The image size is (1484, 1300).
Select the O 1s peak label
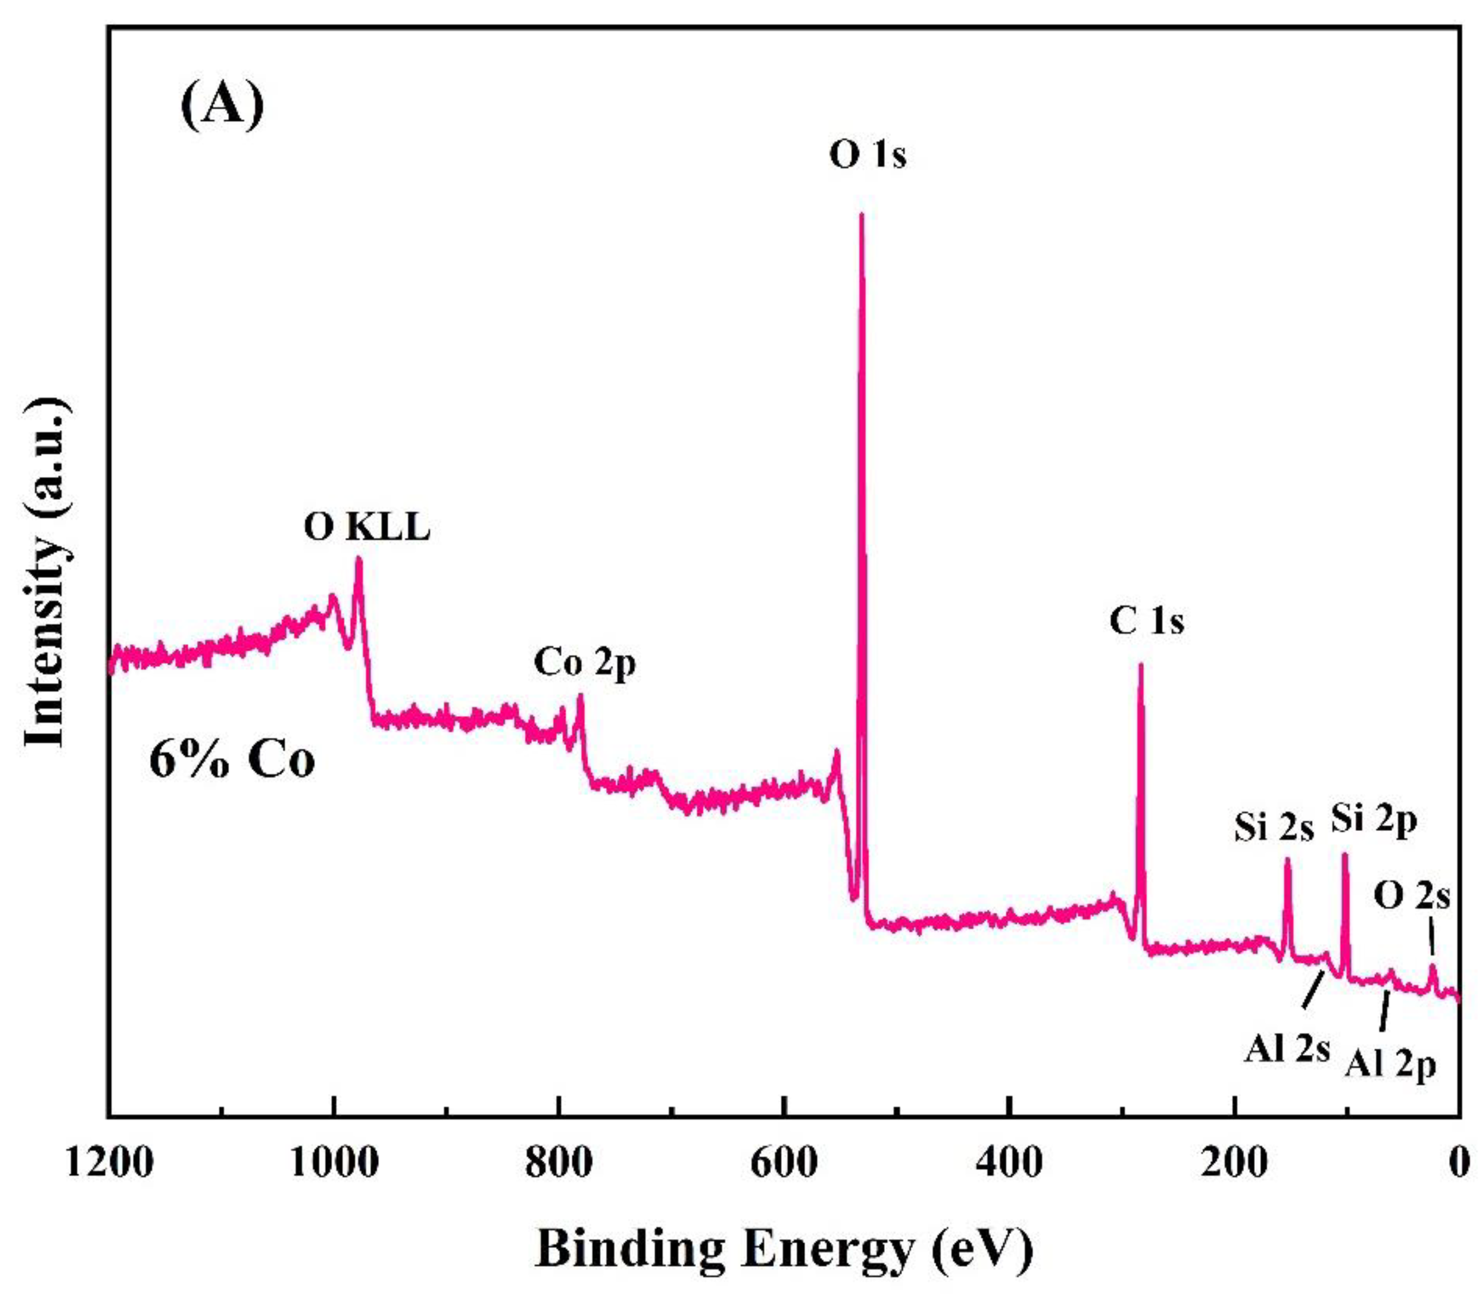pyautogui.click(x=867, y=155)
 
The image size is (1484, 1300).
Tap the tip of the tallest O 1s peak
pyautogui.click(x=861, y=215)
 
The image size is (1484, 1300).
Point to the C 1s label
pyautogui.click(x=1147, y=622)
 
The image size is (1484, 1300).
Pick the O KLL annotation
pyautogui.click(x=367, y=528)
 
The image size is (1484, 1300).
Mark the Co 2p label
pyautogui.click(x=585, y=663)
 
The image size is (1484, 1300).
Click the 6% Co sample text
pyautogui.click(x=232, y=761)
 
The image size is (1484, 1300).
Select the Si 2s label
pyautogui.click(x=1274, y=828)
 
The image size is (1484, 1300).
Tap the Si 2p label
pyautogui.click(x=1373, y=822)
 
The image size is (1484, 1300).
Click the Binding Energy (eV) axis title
pyautogui.click(x=784, y=1248)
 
